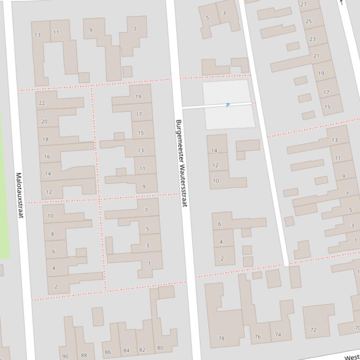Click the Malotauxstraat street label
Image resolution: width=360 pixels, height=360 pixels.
pos(19,195)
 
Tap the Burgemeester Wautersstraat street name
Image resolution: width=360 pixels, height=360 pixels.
pos(182,163)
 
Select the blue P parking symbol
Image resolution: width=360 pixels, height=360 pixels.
pos(228,105)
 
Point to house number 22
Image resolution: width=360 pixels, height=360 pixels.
pos(42,103)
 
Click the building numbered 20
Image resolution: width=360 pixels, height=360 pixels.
pos(44,122)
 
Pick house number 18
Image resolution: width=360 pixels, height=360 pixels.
pos(45,139)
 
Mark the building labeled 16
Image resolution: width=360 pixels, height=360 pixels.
pos(47,157)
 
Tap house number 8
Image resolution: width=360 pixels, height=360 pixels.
pos(52,234)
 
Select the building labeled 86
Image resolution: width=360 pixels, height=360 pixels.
pos(108,352)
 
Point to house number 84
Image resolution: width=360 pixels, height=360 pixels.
pos(126,350)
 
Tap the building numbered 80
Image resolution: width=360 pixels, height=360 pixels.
pos(160,348)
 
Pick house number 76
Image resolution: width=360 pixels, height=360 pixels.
pos(257,336)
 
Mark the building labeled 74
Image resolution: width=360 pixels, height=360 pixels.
pos(278,334)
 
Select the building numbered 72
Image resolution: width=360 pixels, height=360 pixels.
pos(314,330)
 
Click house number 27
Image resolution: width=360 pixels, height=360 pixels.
pos(303,5)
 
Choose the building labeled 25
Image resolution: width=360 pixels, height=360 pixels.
pos(309,22)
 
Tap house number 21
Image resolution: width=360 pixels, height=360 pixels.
pos(316,56)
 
